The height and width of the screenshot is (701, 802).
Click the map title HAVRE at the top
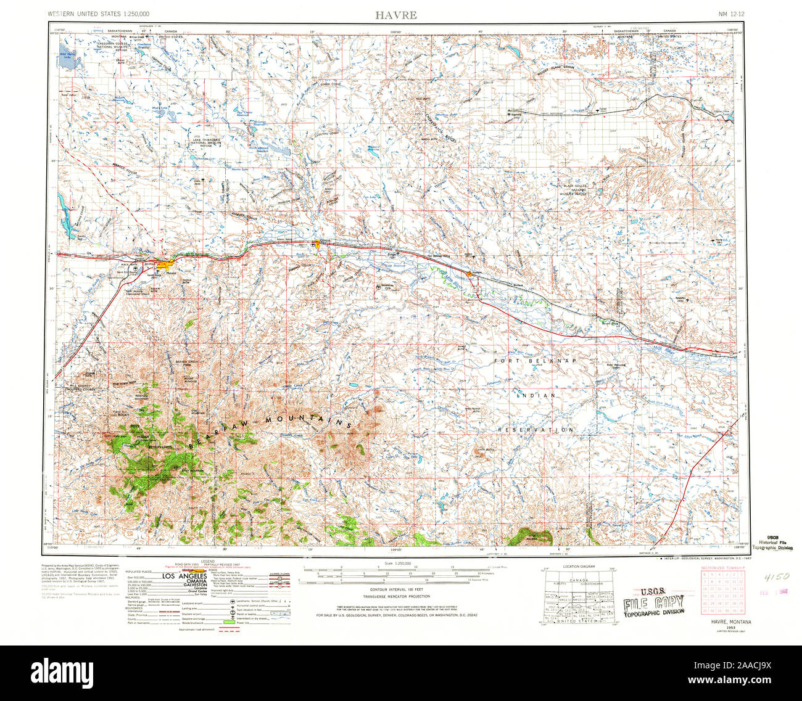click(395, 15)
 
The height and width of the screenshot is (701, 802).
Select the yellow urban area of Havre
click(165, 266)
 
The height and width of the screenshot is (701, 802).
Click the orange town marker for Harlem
click(470, 273)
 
